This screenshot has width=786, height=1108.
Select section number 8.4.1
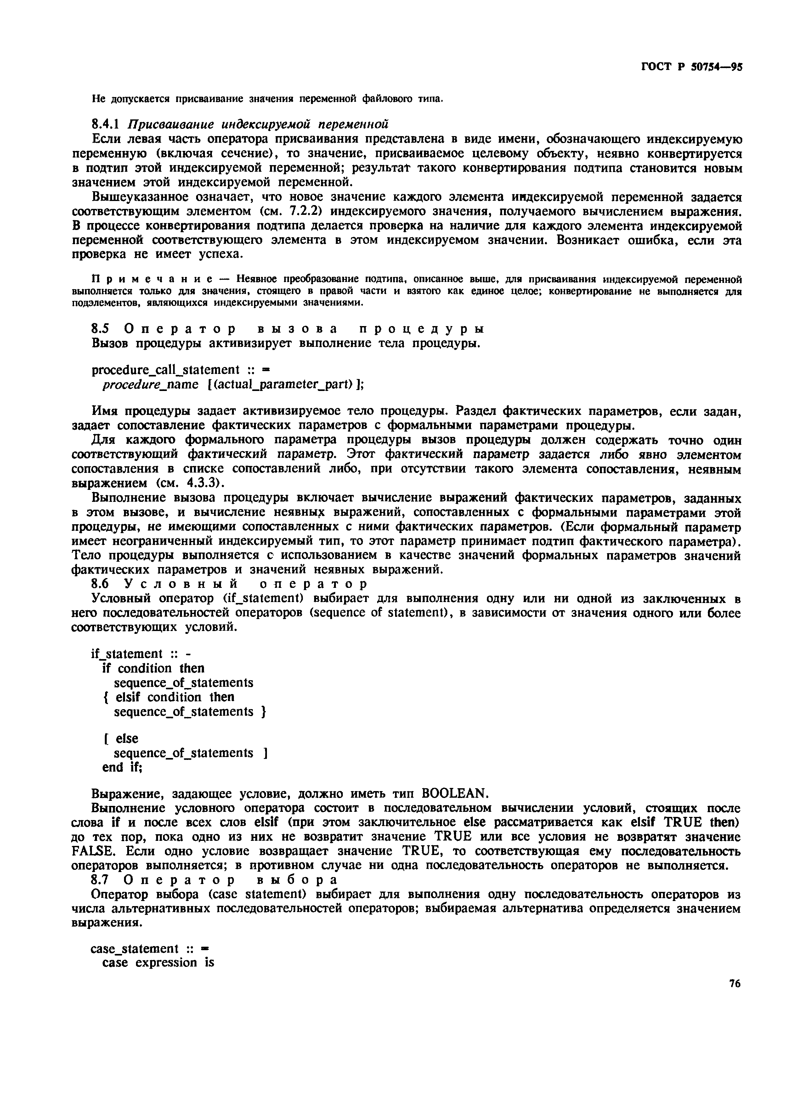105,124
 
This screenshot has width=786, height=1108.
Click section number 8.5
102,329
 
